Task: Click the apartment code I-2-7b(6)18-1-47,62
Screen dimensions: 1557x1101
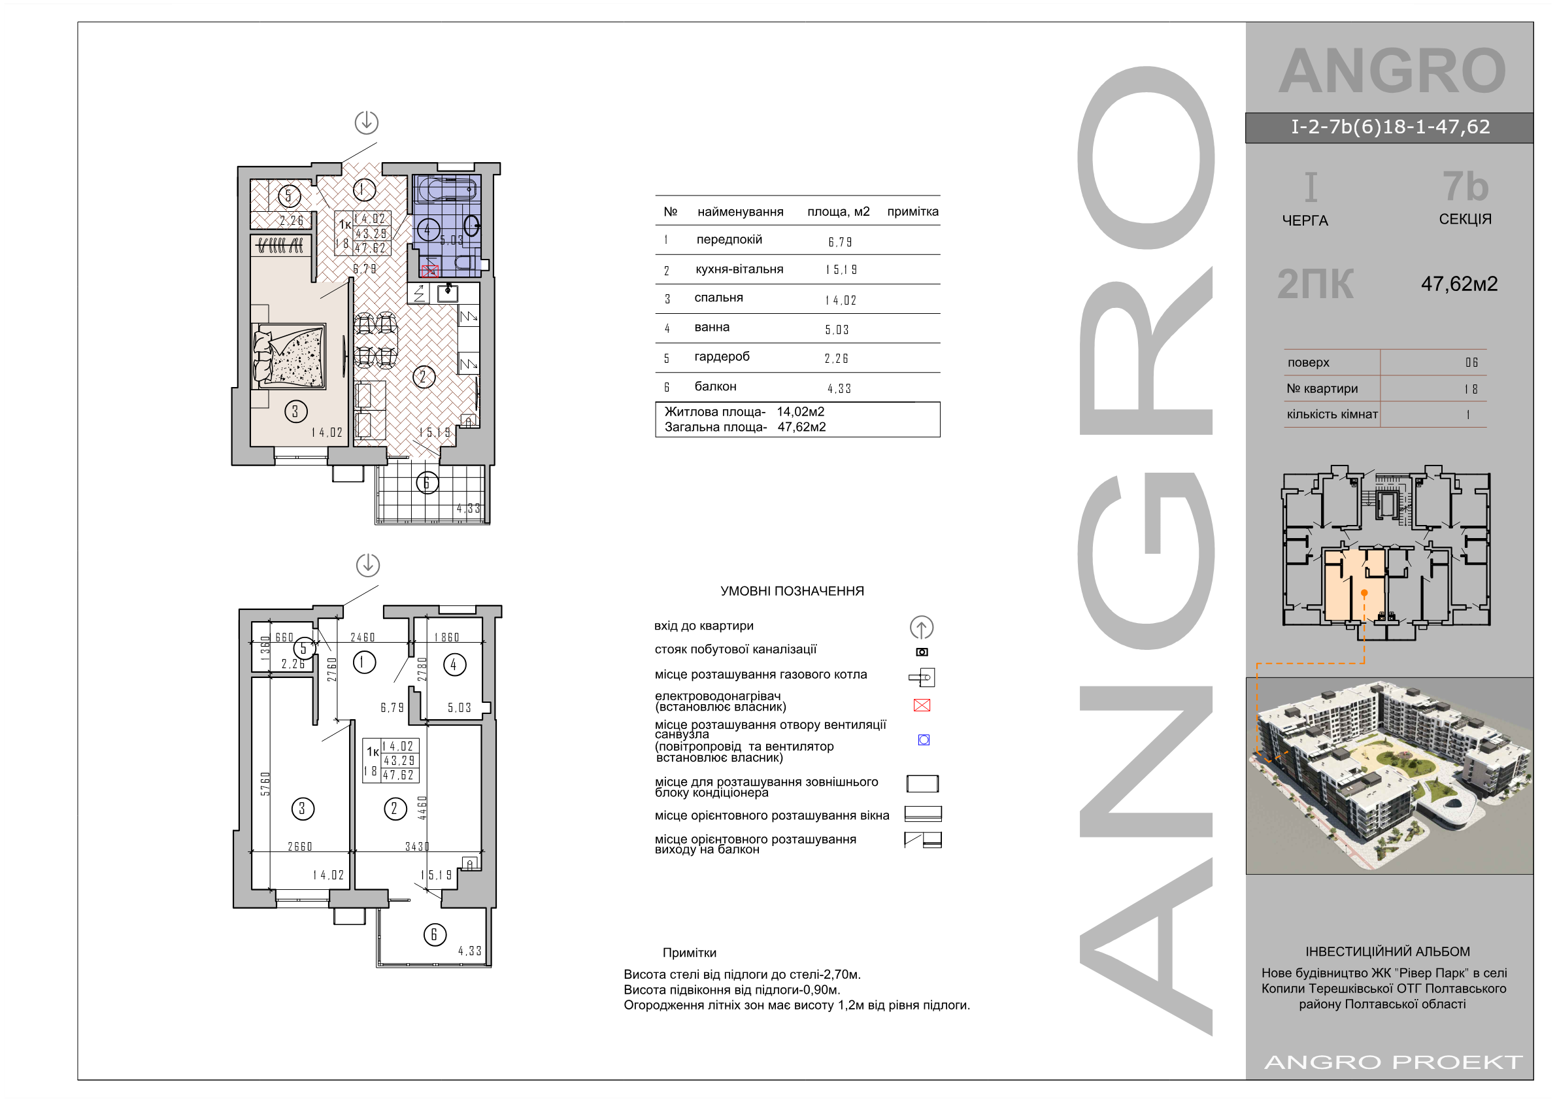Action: pos(1390,127)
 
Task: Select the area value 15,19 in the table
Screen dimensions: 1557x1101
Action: pos(841,270)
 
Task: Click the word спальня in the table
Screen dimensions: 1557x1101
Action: pos(718,297)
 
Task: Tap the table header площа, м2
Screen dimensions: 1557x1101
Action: pos(838,212)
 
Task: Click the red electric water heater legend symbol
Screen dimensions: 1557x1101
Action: pos(922,705)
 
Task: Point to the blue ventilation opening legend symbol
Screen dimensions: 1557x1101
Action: pos(924,739)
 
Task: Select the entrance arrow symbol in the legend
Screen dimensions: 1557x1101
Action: pos(922,628)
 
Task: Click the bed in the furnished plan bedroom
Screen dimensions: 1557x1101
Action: pos(290,356)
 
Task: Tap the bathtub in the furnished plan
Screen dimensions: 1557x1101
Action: pos(447,188)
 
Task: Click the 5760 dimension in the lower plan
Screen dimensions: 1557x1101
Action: pos(265,783)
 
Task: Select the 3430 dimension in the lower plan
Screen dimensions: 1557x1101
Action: pos(417,847)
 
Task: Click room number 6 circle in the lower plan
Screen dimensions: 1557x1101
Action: pos(435,934)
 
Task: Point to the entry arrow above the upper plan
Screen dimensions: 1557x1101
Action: pos(366,122)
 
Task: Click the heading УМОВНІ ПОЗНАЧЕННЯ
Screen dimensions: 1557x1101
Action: pos(792,591)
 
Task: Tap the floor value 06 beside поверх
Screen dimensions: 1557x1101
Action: pos(1471,362)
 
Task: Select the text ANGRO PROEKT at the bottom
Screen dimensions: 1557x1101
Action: pos(1394,1062)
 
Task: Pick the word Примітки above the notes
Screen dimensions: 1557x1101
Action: pos(689,953)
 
